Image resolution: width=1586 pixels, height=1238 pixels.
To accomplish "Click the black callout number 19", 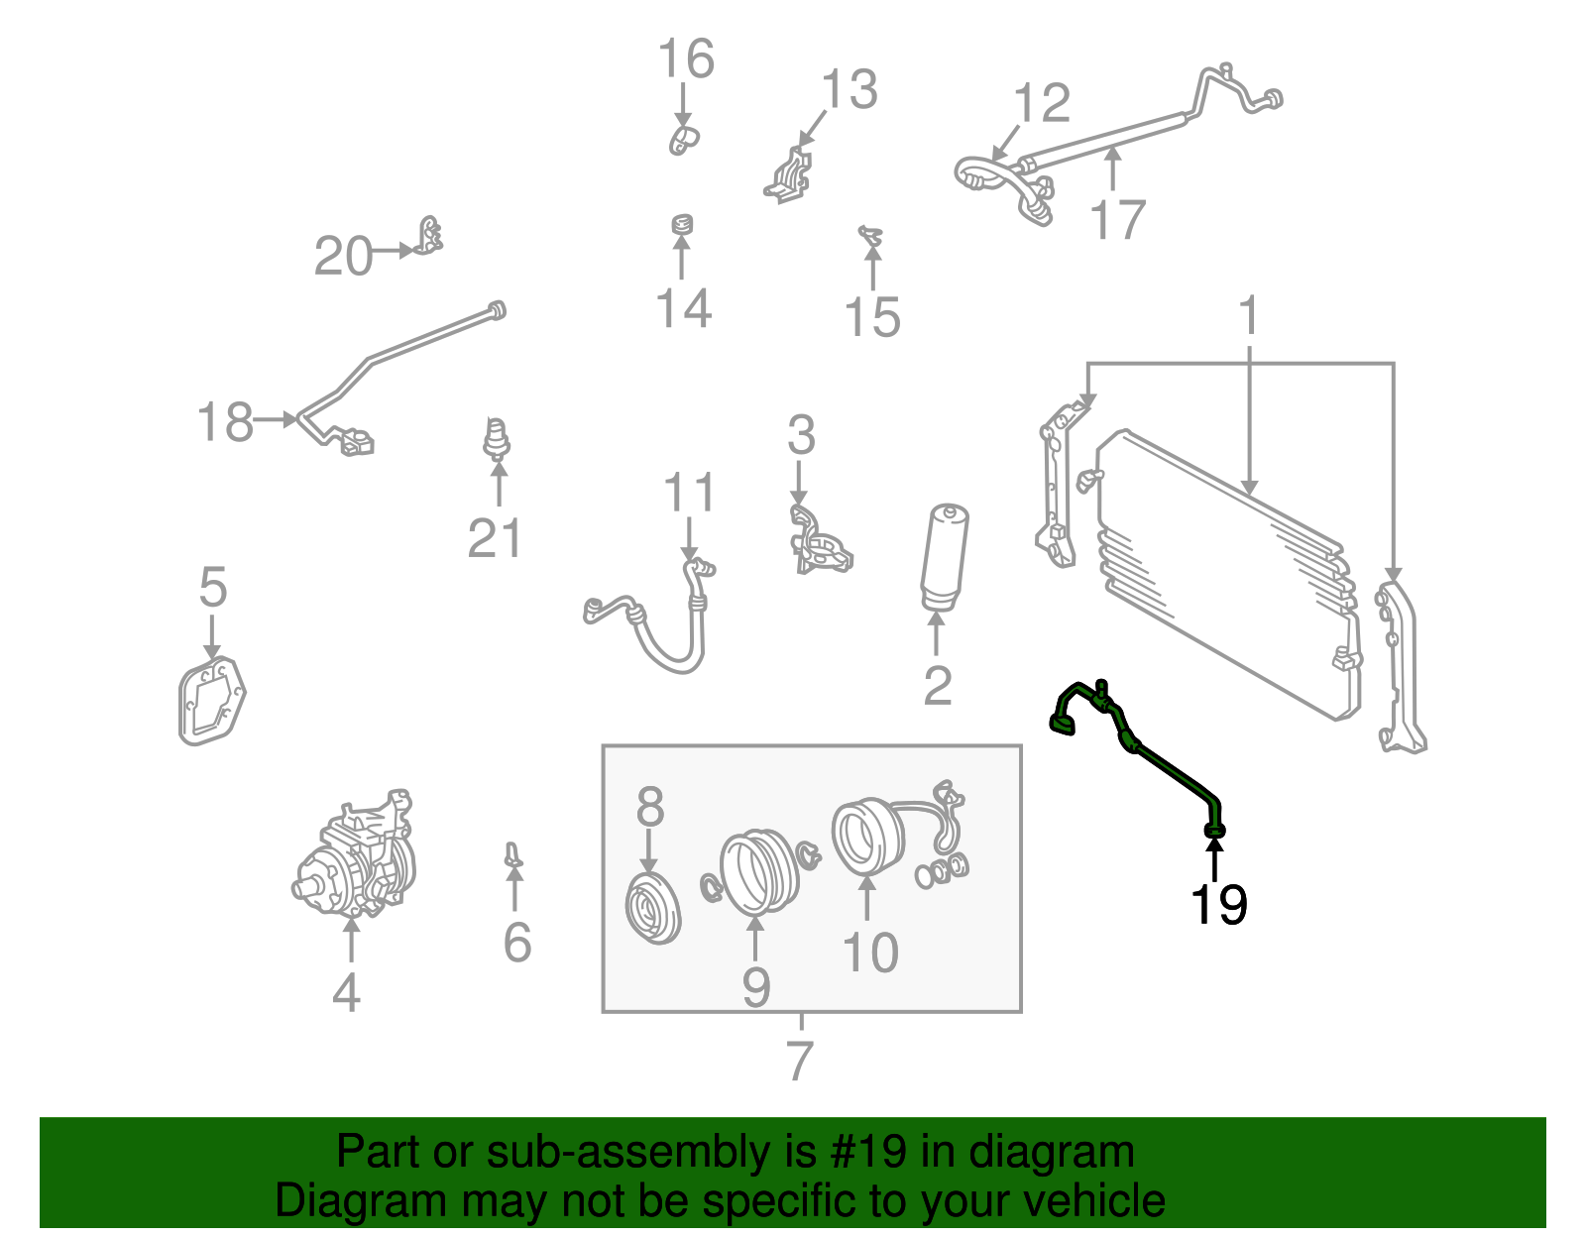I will (1218, 904).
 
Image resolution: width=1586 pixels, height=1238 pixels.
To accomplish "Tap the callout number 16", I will (686, 59).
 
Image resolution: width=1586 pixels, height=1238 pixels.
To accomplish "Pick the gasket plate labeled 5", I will (210, 700).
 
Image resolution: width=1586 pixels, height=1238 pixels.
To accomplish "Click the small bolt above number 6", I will (512, 855).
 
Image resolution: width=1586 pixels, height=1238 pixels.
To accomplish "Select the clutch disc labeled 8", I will (653, 908).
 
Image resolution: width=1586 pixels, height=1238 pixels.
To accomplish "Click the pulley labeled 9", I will (755, 871).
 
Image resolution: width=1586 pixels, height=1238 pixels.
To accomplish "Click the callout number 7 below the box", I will (799, 1061).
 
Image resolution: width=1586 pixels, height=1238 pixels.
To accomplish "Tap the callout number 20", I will (343, 257).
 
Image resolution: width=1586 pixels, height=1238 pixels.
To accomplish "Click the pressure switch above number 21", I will (497, 439).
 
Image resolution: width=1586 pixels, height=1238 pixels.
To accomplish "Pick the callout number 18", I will (225, 422).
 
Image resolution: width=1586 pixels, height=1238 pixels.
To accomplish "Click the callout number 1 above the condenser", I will (1248, 316).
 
